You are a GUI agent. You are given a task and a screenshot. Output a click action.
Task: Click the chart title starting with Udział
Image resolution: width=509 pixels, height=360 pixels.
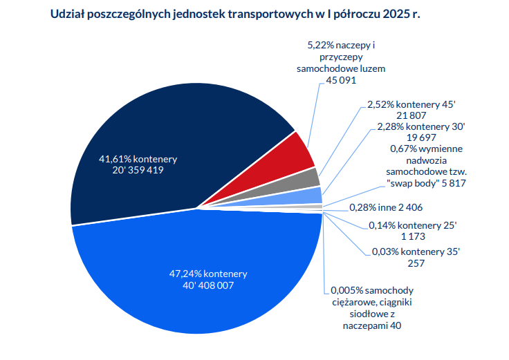236,15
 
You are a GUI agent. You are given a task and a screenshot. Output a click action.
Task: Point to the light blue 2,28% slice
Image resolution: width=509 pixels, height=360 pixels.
315,195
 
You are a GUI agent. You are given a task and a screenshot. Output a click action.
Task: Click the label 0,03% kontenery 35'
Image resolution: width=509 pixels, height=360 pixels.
416,252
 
